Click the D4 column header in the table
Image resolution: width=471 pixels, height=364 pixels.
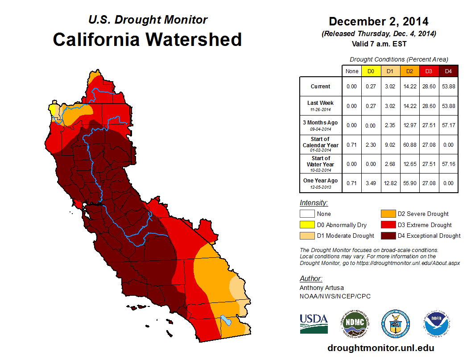click(x=448, y=71)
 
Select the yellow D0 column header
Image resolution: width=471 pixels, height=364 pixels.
click(x=371, y=71)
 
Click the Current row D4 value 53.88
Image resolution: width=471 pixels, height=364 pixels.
click(x=448, y=87)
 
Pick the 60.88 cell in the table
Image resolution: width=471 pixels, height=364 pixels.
click(x=409, y=145)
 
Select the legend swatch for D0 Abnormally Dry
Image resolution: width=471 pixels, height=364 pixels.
click(x=307, y=225)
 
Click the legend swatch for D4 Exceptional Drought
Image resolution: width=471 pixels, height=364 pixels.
click(x=388, y=236)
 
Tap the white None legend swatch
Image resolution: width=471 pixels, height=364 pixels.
click(x=307, y=214)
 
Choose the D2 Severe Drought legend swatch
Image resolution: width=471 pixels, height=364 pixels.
click(x=388, y=214)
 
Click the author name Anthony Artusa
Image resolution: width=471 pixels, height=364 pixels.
click(x=322, y=288)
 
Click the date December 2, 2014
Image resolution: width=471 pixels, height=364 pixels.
click(x=379, y=21)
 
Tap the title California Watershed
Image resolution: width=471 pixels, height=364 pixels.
click(x=147, y=39)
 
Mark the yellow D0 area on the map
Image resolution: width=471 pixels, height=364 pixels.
click(x=53, y=110)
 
